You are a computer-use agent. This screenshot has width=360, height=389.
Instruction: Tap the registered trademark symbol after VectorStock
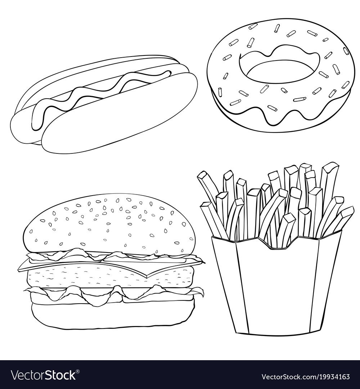coord(78,372)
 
